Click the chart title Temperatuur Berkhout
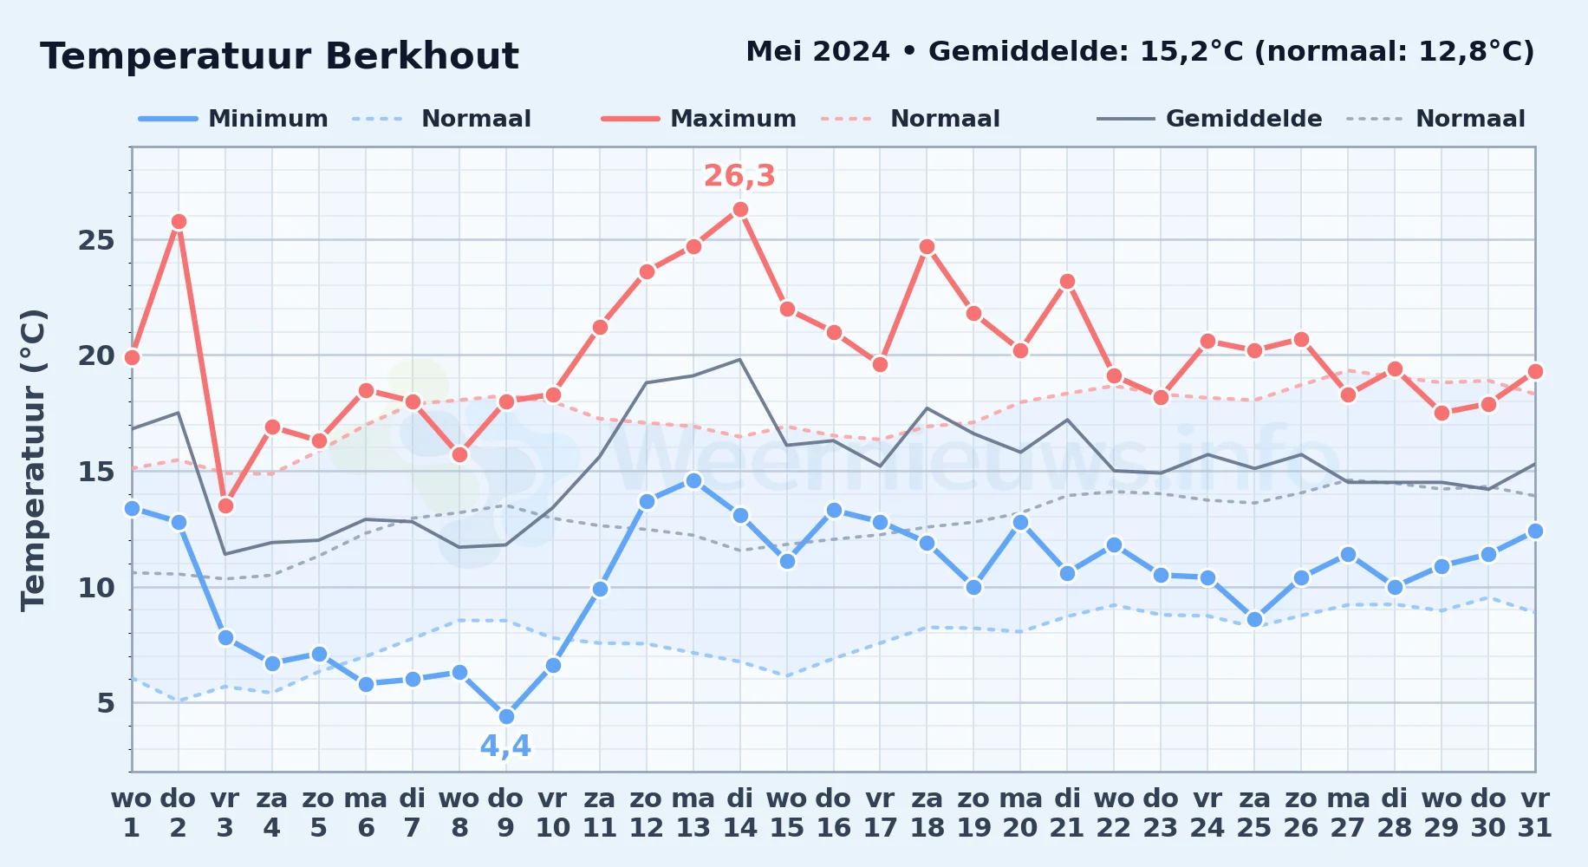pyautogui.click(x=279, y=56)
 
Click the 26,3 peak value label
pyautogui.click(x=739, y=176)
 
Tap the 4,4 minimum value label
pyautogui.click(x=505, y=746)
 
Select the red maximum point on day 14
pyautogui.click(x=740, y=210)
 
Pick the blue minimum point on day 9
pyautogui.click(x=506, y=717)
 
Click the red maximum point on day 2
pyautogui.click(x=179, y=222)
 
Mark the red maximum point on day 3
pyautogui.click(x=225, y=505)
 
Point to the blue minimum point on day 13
pyautogui.click(x=693, y=480)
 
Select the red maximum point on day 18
pyautogui.click(x=927, y=247)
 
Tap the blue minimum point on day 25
pyautogui.click(x=1254, y=619)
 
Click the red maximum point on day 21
pyautogui.click(x=1067, y=282)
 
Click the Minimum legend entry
pyautogui.click(x=233, y=119)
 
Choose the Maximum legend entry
pyautogui.click(x=699, y=119)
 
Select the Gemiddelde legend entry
pyautogui.click(x=1209, y=119)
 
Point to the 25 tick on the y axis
pyautogui.click(x=96, y=240)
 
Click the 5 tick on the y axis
pyautogui.click(x=106, y=703)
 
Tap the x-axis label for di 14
pyautogui.click(x=740, y=813)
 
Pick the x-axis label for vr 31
pyautogui.click(x=1535, y=813)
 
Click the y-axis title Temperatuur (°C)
pyautogui.click(x=33, y=460)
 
